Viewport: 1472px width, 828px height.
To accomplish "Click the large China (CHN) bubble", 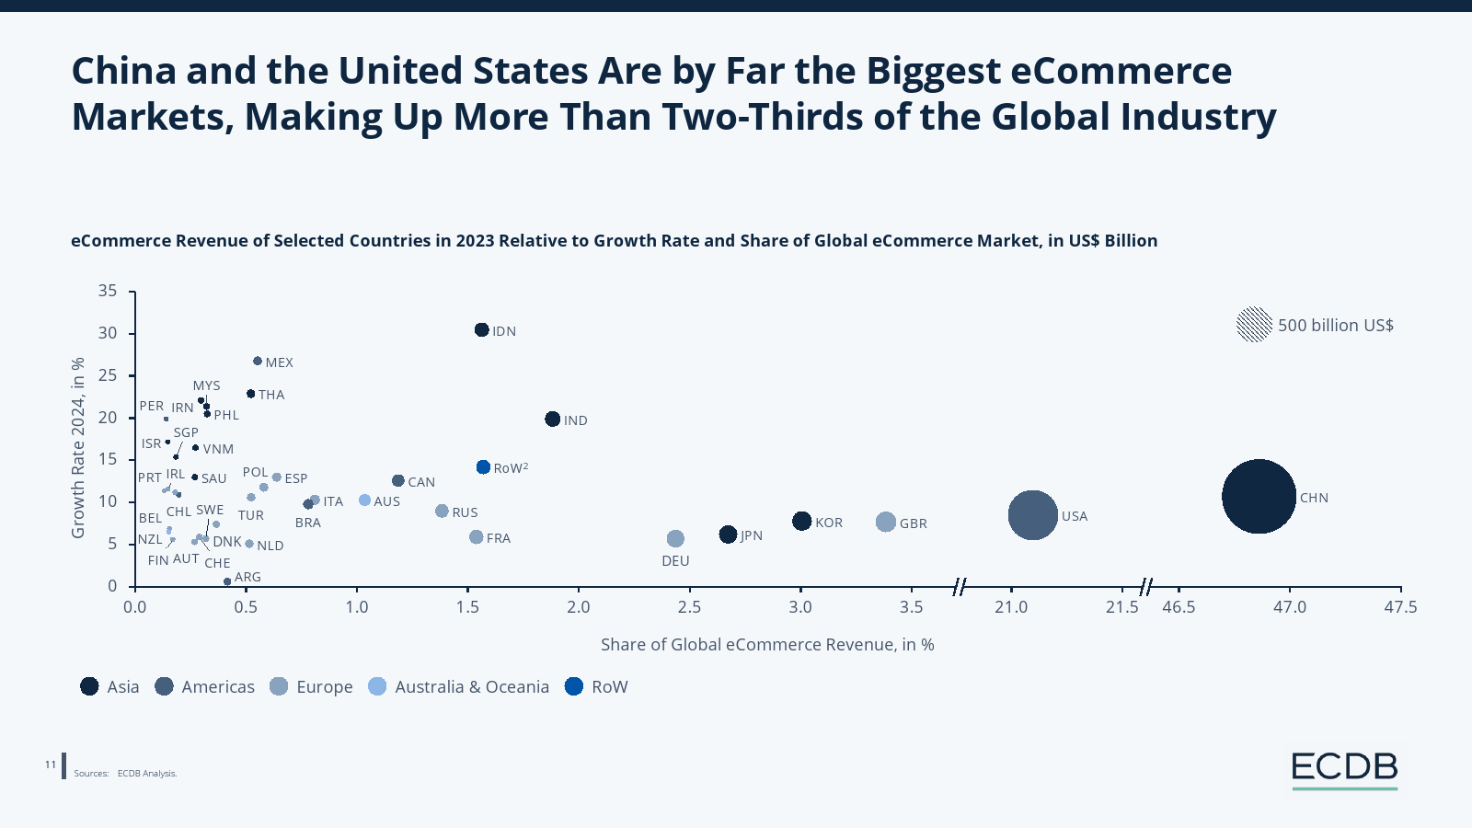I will [1259, 496].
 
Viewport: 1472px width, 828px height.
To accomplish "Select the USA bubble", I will [1032, 515].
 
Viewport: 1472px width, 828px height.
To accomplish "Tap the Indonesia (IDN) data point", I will [481, 330].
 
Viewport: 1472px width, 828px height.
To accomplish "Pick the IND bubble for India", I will [552, 420].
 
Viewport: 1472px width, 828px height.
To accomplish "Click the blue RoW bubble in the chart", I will [483, 467].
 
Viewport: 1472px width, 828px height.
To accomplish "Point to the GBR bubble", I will [885, 523].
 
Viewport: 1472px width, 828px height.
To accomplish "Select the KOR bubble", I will [801, 522].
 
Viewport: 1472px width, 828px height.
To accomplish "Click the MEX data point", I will [258, 362].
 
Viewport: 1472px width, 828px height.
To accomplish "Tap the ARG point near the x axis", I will [227, 581].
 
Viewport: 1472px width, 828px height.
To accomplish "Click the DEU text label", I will [675, 561].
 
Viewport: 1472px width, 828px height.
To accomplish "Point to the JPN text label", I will [752, 535].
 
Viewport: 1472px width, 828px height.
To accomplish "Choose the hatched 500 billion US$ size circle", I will [1254, 325].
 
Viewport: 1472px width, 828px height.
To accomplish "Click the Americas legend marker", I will [165, 686].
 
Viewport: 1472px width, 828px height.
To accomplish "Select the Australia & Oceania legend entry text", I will [472, 687].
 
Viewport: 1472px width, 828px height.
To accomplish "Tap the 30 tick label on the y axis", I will [108, 333].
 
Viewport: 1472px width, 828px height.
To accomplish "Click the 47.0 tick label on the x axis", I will [1289, 607].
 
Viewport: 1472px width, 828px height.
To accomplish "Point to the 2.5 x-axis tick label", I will [689, 607].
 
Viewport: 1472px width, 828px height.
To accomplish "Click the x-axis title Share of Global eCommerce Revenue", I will [767, 645].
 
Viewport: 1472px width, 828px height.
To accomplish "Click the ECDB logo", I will [1344, 769].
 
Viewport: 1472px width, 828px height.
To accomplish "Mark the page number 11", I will [51, 765].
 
